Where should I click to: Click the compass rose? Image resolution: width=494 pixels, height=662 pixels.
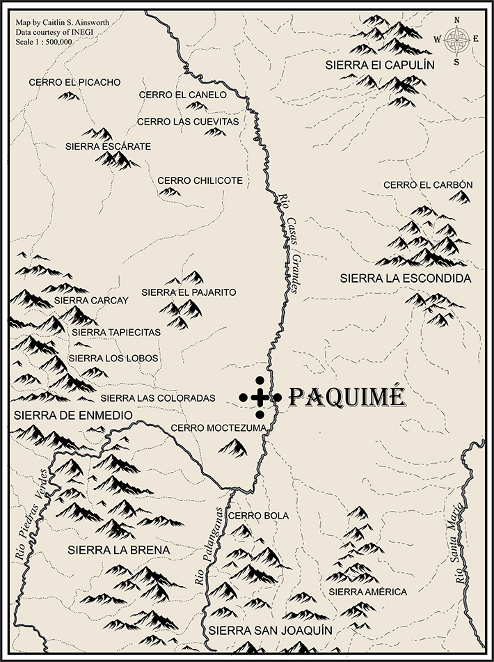tap(456, 40)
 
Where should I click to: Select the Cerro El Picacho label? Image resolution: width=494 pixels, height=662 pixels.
tap(74, 82)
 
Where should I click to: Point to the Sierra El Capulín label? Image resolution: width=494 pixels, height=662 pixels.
tap(380, 65)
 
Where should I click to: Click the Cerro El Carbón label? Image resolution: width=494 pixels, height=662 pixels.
tap(428, 184)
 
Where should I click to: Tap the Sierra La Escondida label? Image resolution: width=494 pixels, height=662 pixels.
tap(406, 278)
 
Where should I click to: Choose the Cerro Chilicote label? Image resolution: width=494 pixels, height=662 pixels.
tap(200, 180)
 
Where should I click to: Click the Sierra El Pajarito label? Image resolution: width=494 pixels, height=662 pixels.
tap(189, 292)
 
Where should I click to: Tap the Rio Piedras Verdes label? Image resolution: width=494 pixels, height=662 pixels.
tap(31, 515)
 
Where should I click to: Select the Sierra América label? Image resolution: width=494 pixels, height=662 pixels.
tap(367, 592)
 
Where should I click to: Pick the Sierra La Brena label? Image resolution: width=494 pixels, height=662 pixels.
tap(119, 550)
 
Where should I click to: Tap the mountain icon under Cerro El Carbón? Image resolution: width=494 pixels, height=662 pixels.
tap(459, 198)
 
